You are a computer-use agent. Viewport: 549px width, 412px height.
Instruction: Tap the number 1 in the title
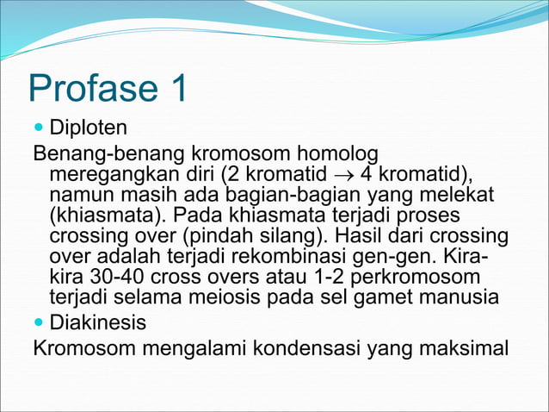click(177, 90)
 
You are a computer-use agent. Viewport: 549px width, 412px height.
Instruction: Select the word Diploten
click(89, 129)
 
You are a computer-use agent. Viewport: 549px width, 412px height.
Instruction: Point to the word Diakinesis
click(97, 323)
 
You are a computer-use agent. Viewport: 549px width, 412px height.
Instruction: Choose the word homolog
click(335, 153)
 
